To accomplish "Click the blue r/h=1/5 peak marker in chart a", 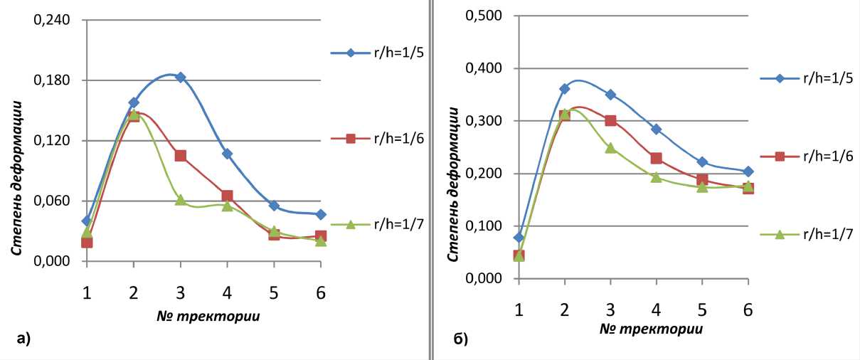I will tap(180, 77).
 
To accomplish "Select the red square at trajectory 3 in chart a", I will tap(180, 155).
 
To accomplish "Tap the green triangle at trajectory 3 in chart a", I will tap(180, 200).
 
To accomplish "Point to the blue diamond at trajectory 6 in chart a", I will tap(320, 214).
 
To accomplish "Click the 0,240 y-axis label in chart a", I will tap(52, 19).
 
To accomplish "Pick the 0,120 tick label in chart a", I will tap(52, 140).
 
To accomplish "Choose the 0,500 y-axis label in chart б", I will tap(484, 16).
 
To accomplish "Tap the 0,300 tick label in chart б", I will tap(484, 121).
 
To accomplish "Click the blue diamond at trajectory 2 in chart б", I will tap(565, 89).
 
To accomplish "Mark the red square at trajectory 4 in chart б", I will tap(657, 158).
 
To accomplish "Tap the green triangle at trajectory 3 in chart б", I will tap(610, 148).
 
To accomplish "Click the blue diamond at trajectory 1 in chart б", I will tap(519, 238).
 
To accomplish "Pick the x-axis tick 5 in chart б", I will tap(702, 311).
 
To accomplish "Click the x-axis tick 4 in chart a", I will tap(227, 293).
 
